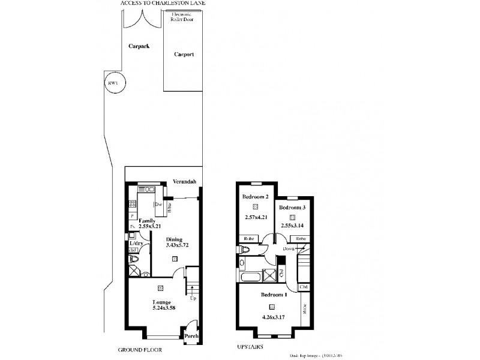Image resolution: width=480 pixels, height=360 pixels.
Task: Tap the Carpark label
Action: (x=139, y=46)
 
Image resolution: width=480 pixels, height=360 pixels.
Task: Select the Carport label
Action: (x=184, y=54)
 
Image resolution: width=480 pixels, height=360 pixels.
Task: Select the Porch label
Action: (x=191, y=336)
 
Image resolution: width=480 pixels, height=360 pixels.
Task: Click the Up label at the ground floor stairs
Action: (x=192, y=298)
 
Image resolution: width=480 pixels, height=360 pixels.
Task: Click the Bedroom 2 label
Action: (x=255, y=197)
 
